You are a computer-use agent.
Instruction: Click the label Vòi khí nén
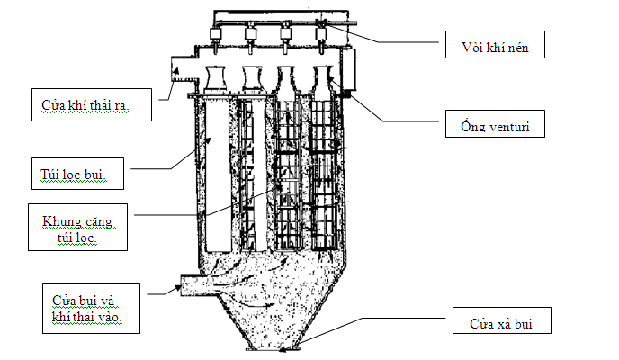point(496,45)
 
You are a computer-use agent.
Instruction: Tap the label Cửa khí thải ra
point(91,104)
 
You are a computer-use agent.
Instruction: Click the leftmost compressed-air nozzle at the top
point(216,36)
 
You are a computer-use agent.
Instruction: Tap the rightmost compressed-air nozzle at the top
point(319,36)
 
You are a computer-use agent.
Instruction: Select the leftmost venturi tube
point(216,78)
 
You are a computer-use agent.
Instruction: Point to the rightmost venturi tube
point(321,78)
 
